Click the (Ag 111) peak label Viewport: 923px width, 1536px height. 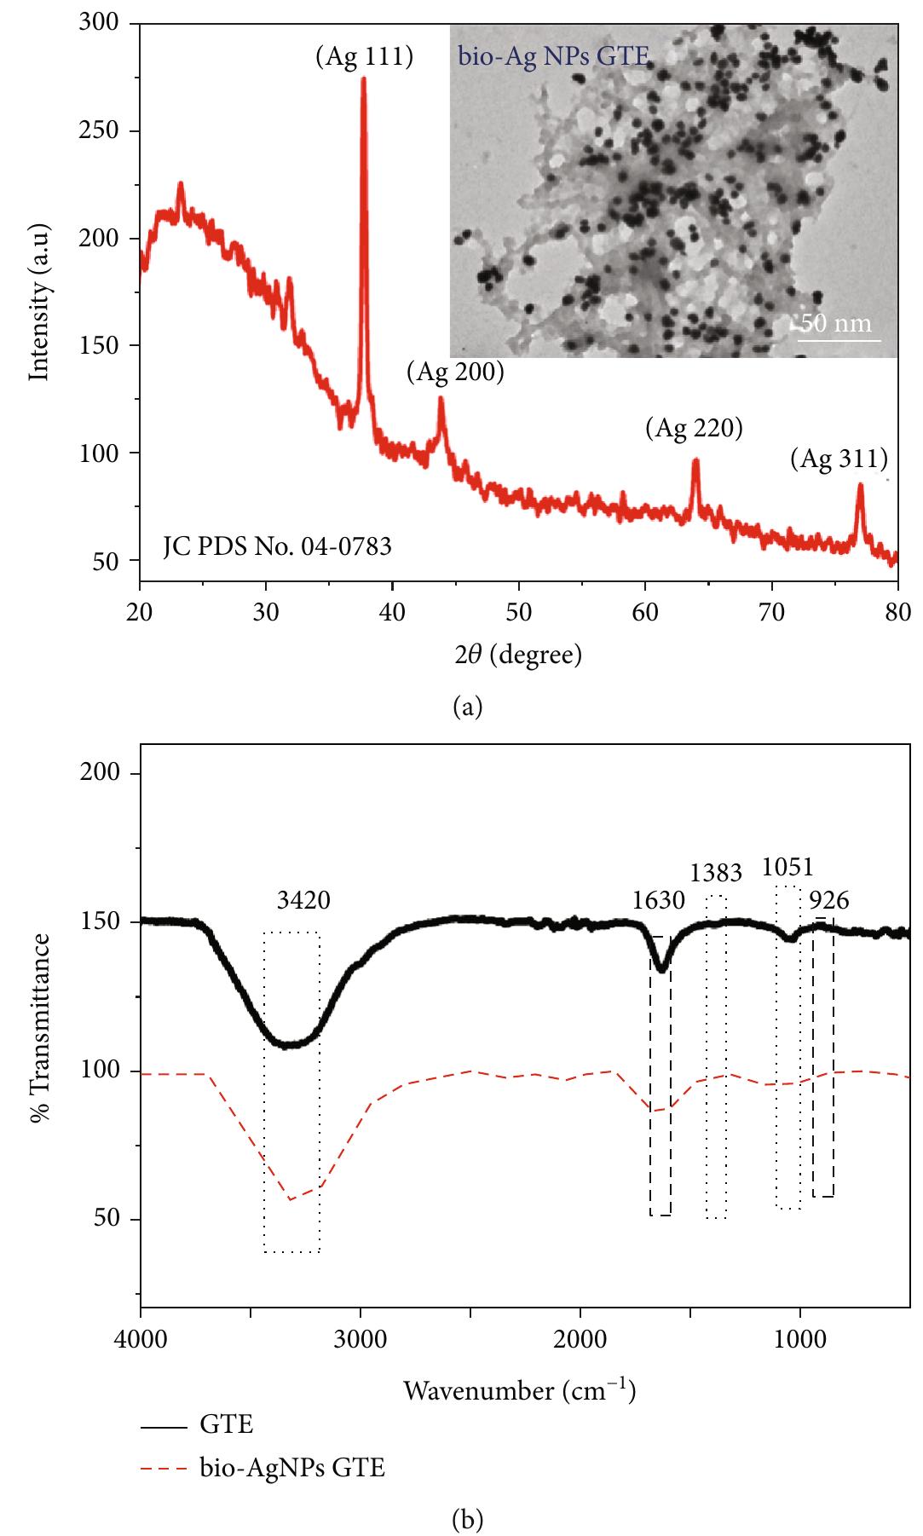coord(364,57)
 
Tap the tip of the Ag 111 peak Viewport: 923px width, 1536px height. coord(364,79)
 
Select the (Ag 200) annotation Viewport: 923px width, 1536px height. coord(455,372)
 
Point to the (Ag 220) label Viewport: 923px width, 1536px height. coord(694,428)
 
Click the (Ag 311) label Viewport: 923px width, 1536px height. coord(839,459)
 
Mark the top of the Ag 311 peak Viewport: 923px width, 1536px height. coord(860,485)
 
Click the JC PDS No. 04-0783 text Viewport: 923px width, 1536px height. coord(278,546)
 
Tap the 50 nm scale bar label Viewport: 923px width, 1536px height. coord(839,323)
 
